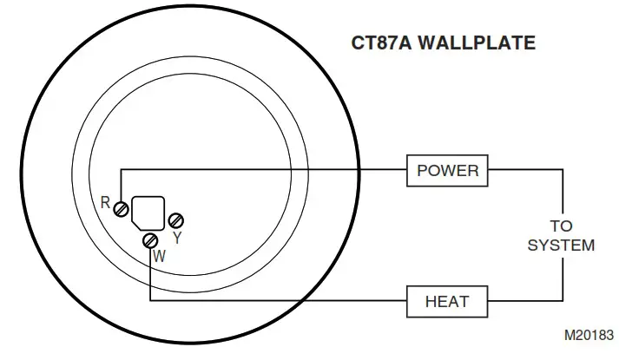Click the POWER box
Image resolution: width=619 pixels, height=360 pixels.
pyautogui.click(x=448, y=170)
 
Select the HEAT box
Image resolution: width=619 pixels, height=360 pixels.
pyautogui.click(x=447, y=302)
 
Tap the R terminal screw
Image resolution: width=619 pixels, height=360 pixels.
pyautogui.click(x=122, y=209)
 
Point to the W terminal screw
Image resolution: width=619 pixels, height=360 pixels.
pyautogui.click(x=150, y=239)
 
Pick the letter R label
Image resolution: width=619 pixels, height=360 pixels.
pyautogui.click(x=106, y=204)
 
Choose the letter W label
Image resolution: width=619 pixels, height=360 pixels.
pyautogui.click(x=159, y=257)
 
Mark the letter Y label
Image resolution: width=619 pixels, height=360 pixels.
pyautogui.click(x=177, y=236)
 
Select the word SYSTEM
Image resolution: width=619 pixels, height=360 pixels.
pyautogui.click(x=562, y=245)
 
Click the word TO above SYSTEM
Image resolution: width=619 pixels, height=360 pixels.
pyautogui.click(x=562, y=227)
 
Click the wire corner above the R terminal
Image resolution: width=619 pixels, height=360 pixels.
pyautogui.click(x=122, y=170)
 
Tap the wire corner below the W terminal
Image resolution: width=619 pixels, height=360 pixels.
pyautogui.click(x=150, y=301)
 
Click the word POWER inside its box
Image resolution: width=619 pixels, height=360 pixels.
pyautogui.click(x=448, y=170)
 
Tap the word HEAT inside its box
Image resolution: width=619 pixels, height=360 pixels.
pyautogui.click(x=447, y=302)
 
